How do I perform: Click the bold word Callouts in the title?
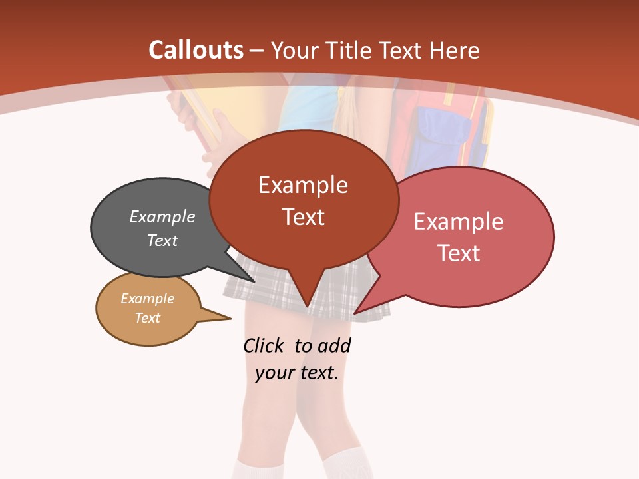click(x=196, y=50)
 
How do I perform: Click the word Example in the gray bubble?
click(x=162, y=216)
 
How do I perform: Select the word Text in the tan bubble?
click(x=148, y=318)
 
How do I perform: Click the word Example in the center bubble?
click(x=303, y=185)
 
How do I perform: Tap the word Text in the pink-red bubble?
click(x=459, y=253)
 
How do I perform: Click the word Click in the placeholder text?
click(x=264, y=345)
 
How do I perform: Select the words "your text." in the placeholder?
click(x=297, y=373)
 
